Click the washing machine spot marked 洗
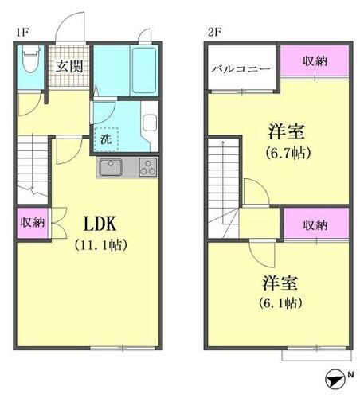click(x=107, y=137)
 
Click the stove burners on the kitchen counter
click(x=147, y=167)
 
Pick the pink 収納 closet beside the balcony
click(x=314, y=62)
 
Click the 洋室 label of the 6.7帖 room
click(x=288, y=130)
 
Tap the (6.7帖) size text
click(x=288, y=152)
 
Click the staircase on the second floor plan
click(x=223, y=171)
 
